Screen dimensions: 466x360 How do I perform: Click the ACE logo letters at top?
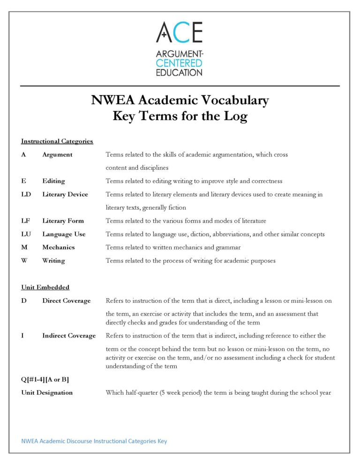180,32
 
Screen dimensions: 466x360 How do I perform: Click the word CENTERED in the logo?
180,63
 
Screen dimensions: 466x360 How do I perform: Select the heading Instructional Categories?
57,141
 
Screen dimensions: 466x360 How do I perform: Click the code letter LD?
26,195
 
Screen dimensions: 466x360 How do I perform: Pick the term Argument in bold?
57,155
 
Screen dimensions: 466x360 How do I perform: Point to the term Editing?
53,181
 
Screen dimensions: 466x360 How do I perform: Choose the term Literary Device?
65,195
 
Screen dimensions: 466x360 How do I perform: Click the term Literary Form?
63,221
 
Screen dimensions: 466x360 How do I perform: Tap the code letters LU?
26,234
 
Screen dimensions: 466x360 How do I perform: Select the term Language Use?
64,234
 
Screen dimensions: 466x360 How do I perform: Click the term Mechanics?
58,247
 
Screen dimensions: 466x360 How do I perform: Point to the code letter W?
24,261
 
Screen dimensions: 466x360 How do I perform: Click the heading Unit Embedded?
45,287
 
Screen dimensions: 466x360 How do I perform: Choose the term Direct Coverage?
66,301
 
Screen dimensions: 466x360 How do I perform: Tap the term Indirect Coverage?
68,336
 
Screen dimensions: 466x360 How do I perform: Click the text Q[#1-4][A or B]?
45,379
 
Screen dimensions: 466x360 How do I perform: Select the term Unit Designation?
47,392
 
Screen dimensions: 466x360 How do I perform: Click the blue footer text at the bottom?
94,441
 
